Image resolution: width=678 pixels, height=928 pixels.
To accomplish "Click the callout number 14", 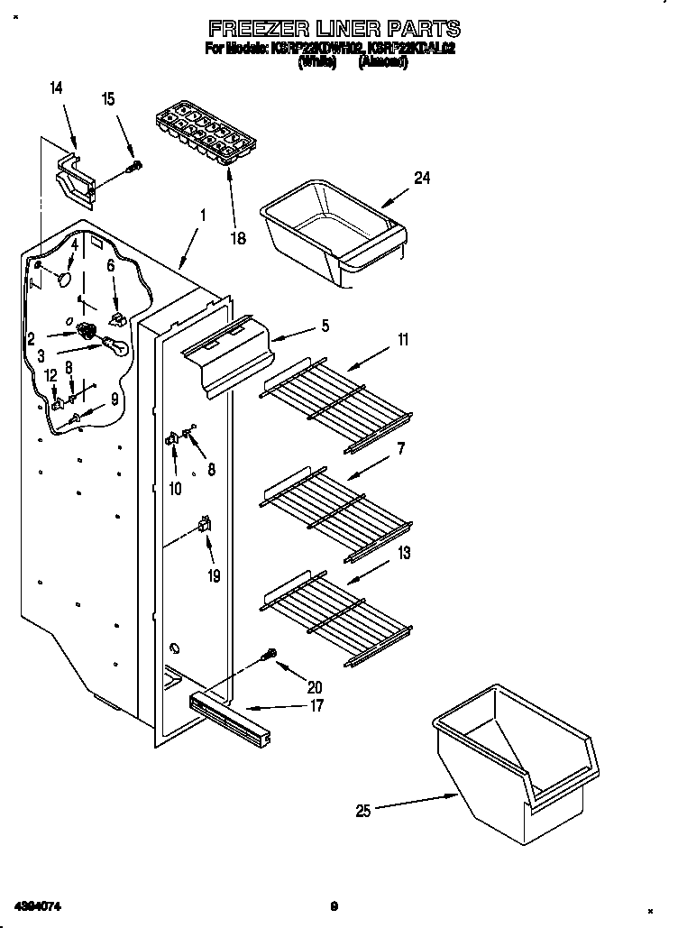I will (56, 87).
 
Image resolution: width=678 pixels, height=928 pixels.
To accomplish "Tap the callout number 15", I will (108, 100).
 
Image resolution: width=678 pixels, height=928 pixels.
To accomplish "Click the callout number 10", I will (175, 488).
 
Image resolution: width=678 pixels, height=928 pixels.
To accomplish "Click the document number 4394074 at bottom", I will (37, 905).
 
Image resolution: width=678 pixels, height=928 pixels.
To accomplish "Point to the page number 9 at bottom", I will (333, 905).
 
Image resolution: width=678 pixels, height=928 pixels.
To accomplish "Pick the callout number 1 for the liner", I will (203, 216).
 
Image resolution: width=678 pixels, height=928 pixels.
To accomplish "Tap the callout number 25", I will (362, 810).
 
